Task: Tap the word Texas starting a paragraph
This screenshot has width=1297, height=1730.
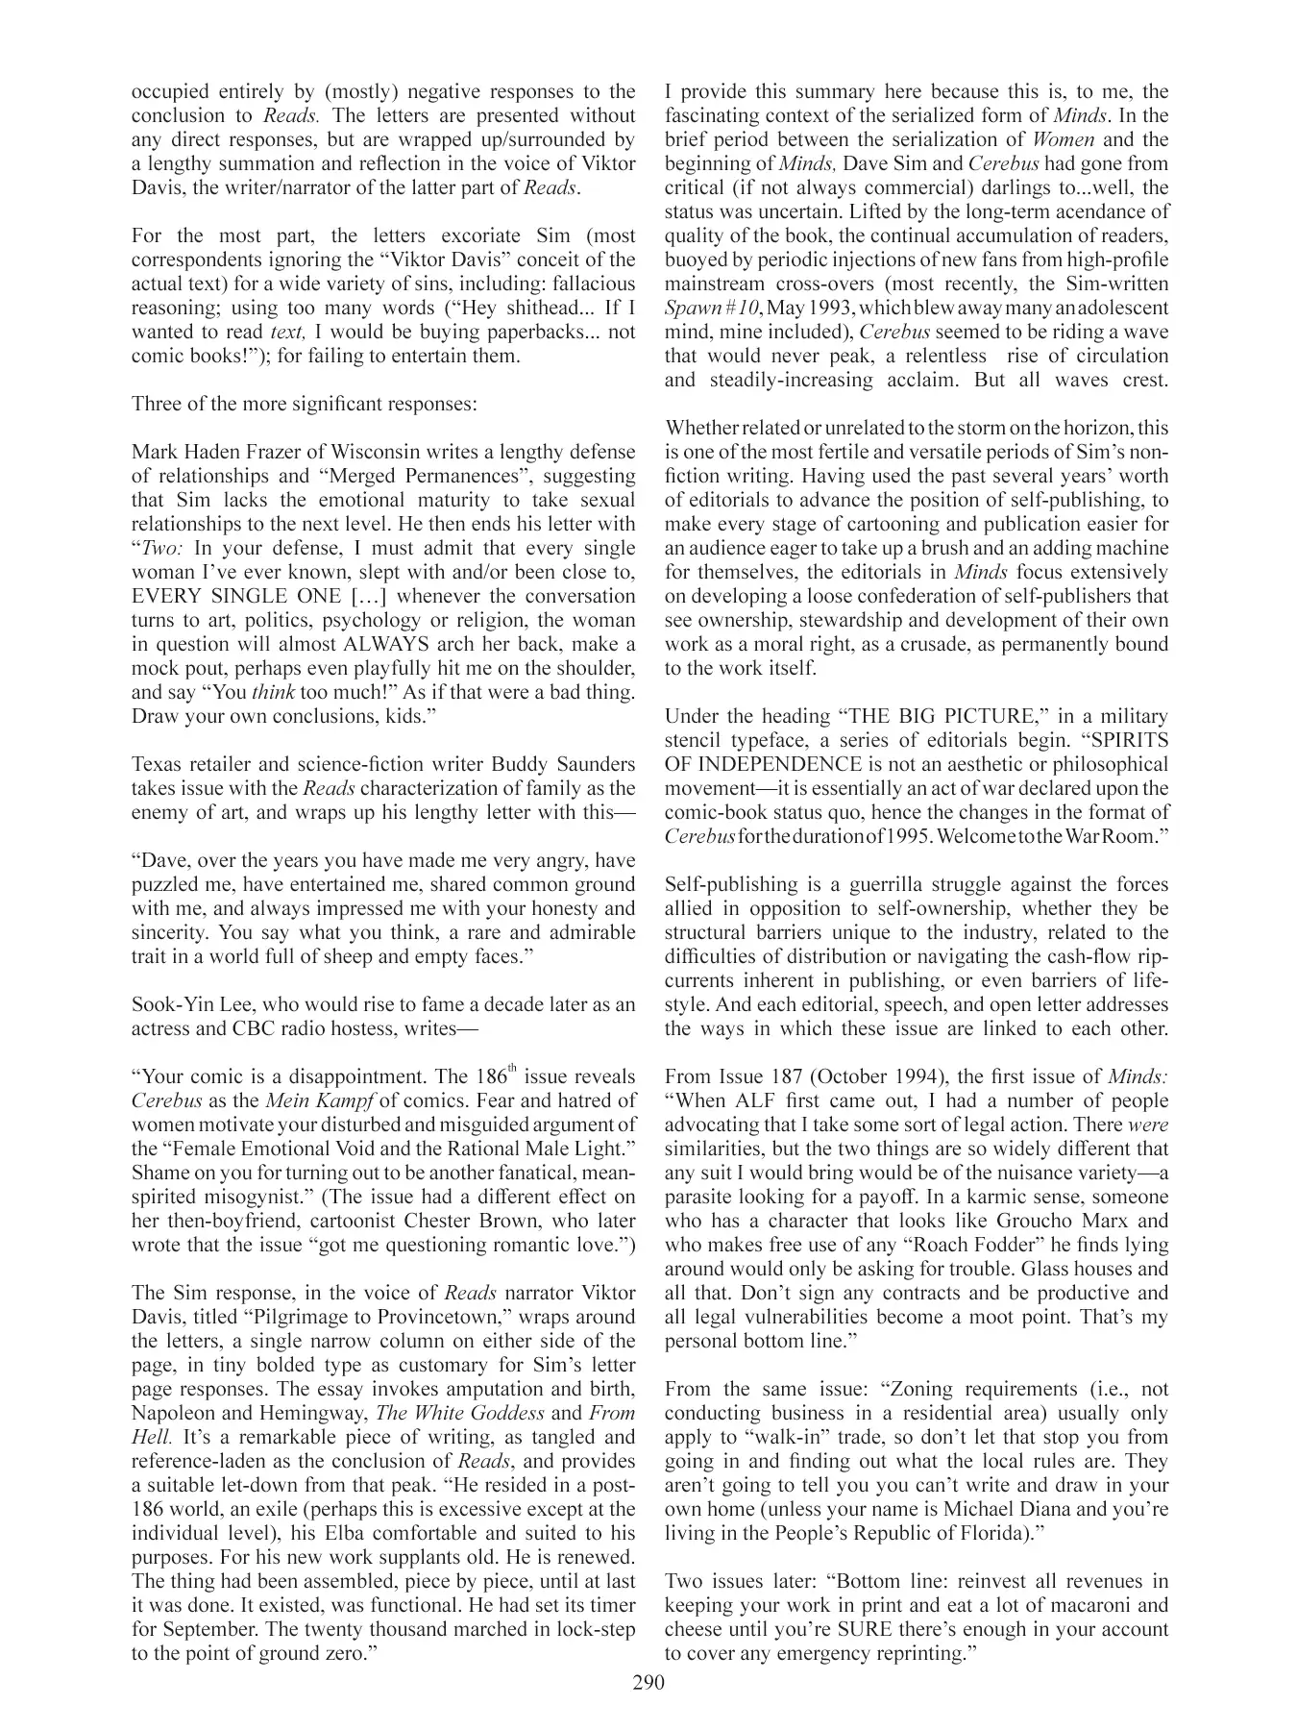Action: click(x=157, y=764)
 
